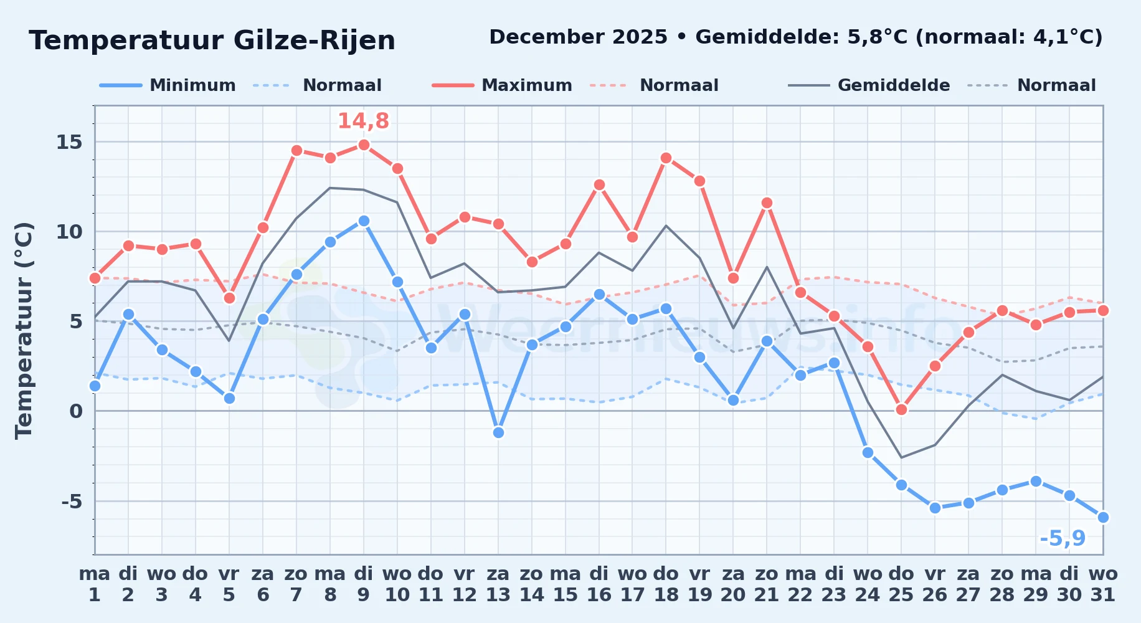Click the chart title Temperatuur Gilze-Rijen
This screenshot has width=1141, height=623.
pyautogui.click(x=212, y=40)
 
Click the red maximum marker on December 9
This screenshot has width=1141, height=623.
pyautogui.click(x=364, y=145)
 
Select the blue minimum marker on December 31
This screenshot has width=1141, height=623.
pyautogui.click(x=1103, y=517)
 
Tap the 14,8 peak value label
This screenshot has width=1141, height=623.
pyautogui.click(x=363, y=121)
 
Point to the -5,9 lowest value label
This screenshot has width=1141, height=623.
pyautogui.click(x=1063, y=538)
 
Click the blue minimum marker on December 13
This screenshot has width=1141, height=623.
pyautogui.click(x=498, y=432)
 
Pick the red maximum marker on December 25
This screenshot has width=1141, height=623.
pyautogui.click(x=901, y=409)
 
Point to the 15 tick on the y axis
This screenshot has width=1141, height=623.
pyautogui.click(x=69, y=142)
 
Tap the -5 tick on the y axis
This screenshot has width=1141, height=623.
pyautogui.click(x=72, y=501)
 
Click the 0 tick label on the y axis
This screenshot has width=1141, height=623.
pyautogui.click(x=76, y=411)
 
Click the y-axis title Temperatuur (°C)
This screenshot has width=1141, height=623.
pyautogui.click(x=24, y=330)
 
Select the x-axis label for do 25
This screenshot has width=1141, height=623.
pyautogui.click(x=901, y=584)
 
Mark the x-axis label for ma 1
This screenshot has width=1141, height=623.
pyautogui.click(x=95, y=584)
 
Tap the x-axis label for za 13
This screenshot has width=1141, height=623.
pyautogui.click(x=498, y=584)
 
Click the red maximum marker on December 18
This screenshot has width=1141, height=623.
pyautogui.click(x=666, y=158)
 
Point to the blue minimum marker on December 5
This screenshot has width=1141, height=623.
pyautogui.click(x=229, y=398)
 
